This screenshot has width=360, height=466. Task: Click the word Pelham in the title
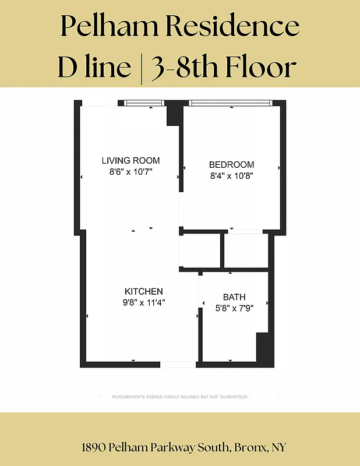click(x=105, y=26)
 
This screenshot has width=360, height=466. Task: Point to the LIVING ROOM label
click(x=130, y=161)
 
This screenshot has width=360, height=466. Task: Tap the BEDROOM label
click(x=232, y=165)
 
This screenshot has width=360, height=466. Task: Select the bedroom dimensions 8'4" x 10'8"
click(x=232, y=175)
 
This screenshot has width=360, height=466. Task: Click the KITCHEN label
click(x=144, y=291)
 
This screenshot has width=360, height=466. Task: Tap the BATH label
click(x=234, y=297)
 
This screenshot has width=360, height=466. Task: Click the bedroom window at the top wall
click(x=231, y=104)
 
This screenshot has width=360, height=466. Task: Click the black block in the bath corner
click(x=265, y=348)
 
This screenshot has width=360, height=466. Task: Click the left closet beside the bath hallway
click(x=200, y=251)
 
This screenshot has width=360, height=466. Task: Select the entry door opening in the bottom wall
click(x=178, y=365)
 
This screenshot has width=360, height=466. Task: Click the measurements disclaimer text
click(x=179, y=397)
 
